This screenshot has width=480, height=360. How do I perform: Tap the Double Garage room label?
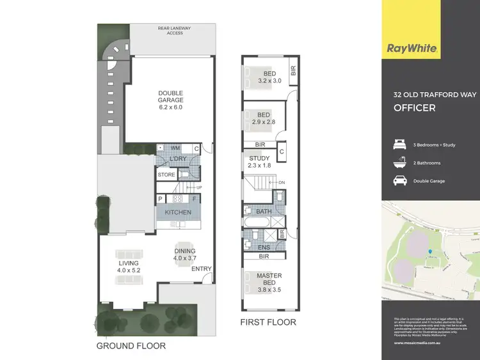click(171, 100)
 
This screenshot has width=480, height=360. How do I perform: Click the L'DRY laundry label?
click(177, 159)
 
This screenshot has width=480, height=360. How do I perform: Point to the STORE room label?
click(166, 175)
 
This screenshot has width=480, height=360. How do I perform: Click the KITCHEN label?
click(178, 212)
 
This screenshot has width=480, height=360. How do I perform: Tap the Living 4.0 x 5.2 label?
click(128, 267)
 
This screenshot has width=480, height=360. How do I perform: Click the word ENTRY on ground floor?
click(202, 269)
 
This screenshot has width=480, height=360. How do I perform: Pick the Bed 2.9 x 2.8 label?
click(262, 117)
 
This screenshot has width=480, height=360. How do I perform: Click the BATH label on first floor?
click(263, 211)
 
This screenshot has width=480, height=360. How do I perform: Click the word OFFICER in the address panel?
click(414, 108)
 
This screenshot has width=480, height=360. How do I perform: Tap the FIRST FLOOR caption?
click(268, 322)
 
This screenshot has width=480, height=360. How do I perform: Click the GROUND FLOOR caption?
click(131, 346)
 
